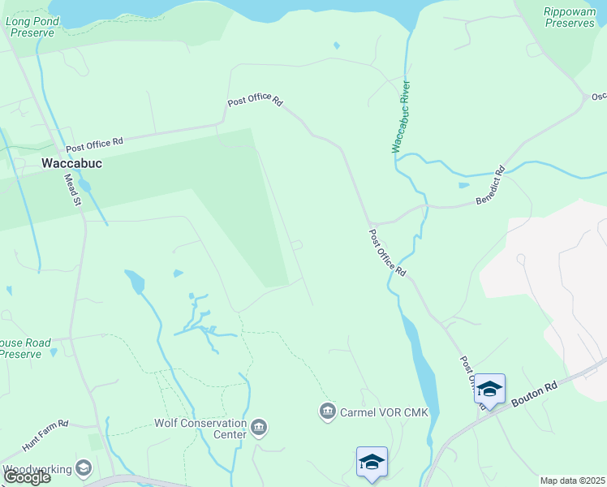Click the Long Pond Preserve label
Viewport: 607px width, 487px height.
click(x=31, y=27)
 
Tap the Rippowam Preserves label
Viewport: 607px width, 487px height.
click(x=570, y=17)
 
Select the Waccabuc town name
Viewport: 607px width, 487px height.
click(x=71, y=162)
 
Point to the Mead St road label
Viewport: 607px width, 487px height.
click(x=73, y=190)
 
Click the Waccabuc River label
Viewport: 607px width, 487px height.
click(x=400, y=117)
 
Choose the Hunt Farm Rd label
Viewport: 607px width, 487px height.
click(x=46, y=434)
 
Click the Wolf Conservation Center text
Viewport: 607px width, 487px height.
click(x=200, y=429)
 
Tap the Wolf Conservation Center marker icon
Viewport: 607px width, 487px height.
click(x=259, y=427)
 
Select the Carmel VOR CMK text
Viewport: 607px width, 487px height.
click(x=377, y=412)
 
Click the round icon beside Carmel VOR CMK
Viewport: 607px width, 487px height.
click(x=328, y=412)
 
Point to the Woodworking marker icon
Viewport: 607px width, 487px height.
click(x=83, y=468)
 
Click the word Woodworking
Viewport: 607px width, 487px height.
click(x=37, y=469)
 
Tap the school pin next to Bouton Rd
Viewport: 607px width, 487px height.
click(x=489, y=389)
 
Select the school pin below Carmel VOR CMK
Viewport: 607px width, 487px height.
click(x=372, y=462)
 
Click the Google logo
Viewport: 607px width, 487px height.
click(x=26, y=477)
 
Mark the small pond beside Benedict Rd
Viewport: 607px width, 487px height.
click(x=463, y=185)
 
